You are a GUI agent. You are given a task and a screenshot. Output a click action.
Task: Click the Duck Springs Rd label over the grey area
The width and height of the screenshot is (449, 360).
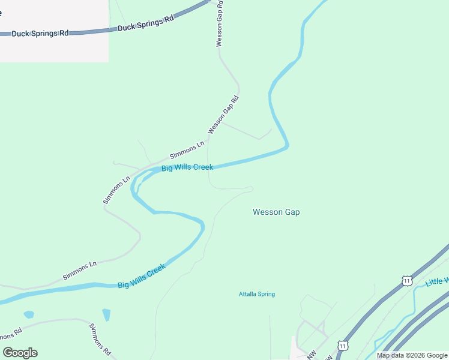click(40, 33)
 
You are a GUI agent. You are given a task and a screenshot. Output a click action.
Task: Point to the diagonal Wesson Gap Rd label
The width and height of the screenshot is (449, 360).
click(223, 115)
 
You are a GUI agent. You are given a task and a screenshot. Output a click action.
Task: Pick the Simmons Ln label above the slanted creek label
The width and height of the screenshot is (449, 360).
click(80, 272)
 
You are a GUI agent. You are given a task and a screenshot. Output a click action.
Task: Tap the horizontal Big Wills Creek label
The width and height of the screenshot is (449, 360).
click(187, 167)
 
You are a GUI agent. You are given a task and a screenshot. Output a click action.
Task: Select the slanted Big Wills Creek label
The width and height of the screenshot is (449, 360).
click(142, 277)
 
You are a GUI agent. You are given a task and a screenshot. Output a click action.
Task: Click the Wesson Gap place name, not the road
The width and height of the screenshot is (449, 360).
click(276, 212)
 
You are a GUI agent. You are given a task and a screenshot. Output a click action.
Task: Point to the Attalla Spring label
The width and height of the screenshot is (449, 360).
click(257, 294)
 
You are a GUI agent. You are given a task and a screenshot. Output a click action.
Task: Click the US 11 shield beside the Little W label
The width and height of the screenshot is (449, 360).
click(408, 281)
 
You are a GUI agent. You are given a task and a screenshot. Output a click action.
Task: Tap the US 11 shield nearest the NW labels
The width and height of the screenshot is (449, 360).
click(342, 346)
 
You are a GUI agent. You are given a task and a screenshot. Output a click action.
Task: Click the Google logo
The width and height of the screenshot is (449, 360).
click(20, 353)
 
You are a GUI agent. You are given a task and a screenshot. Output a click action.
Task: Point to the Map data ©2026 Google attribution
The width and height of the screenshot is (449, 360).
click(412, 355)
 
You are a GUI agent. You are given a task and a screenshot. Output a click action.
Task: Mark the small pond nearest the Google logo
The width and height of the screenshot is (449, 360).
click(29, 314)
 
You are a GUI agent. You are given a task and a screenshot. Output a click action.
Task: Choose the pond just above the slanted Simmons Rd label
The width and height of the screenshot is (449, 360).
click(106, 314)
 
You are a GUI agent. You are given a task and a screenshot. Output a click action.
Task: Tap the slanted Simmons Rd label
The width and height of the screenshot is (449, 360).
click(101, 339)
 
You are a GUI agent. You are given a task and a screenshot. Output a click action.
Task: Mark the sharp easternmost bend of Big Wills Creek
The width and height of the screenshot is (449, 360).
click(287, 144)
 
